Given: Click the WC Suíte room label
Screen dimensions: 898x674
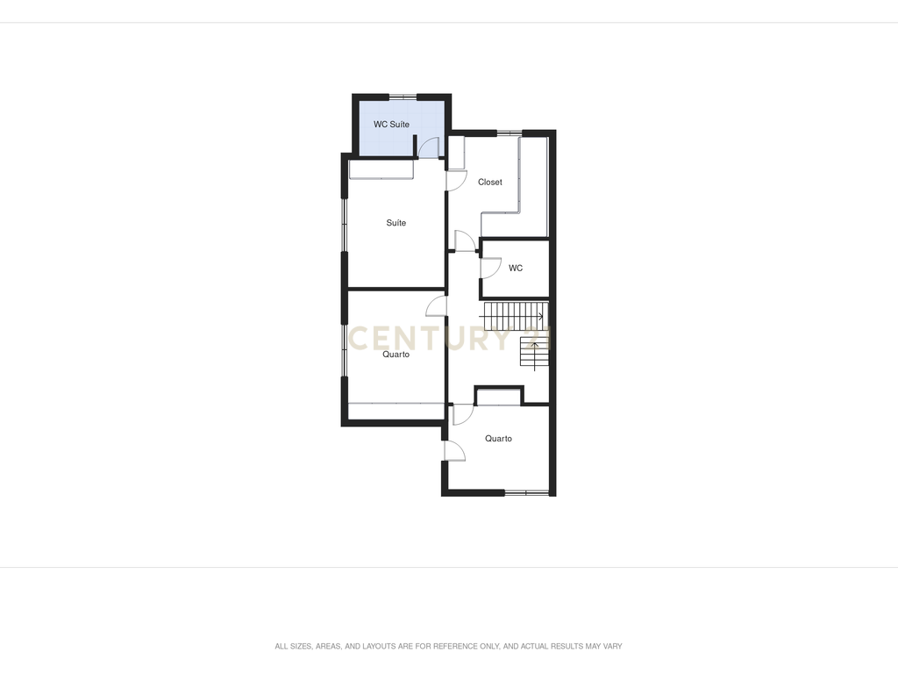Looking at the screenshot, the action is click(391, 125).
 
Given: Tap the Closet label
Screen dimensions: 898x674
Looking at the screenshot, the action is click(490, 183).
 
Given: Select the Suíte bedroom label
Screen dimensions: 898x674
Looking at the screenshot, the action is click(396, 223).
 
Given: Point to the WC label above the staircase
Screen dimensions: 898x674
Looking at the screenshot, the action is click(516, 269).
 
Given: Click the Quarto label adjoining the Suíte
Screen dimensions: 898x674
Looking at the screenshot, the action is click(396, 355).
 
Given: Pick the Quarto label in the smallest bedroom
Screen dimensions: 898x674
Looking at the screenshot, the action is click(498, 439).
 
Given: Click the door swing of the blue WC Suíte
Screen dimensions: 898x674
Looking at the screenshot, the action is click(428, 147).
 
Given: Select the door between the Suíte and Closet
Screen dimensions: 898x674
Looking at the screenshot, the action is click(456, 181).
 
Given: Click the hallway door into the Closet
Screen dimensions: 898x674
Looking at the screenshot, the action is click(465, 240).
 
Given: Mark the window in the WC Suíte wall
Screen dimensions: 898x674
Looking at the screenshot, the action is click(403, 97).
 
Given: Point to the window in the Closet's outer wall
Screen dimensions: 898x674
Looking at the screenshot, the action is click(510, 133).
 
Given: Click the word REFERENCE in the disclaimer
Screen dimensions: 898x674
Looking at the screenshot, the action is click(455, 647).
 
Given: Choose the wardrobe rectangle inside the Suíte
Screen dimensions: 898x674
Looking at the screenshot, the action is click(381, 169).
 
